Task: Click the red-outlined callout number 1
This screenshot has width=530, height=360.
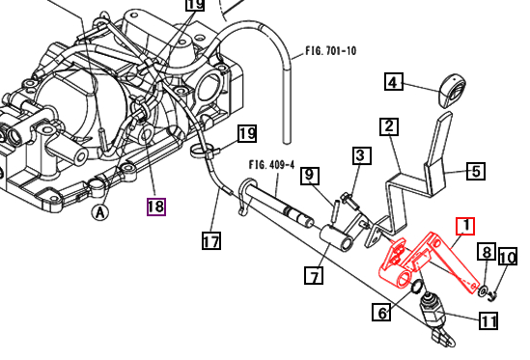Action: tap(464, 227)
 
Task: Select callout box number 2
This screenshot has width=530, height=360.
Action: tap(388, 126)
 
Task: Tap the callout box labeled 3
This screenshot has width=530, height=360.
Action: tap(359, 155)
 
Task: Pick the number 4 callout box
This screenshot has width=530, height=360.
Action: tap(394, 82)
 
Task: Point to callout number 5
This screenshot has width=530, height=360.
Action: tap(477, 172)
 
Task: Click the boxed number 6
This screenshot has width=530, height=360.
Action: tap(383, 312)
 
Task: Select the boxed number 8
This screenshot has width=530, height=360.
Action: tap(487, 253)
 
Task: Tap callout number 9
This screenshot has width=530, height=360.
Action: tap(309, 175)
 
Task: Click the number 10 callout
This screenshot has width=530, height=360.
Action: tap(508, 258)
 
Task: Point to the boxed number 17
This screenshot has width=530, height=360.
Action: tap(212, 240)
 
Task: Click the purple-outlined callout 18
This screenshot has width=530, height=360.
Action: tap(156, 206)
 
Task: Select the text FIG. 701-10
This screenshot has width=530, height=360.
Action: tap(330, 49)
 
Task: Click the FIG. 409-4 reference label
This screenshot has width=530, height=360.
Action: tap(269, 163)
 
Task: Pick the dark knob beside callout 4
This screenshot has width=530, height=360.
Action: tap(448, 90)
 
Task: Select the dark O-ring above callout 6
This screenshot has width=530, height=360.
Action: tap(415, 287)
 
